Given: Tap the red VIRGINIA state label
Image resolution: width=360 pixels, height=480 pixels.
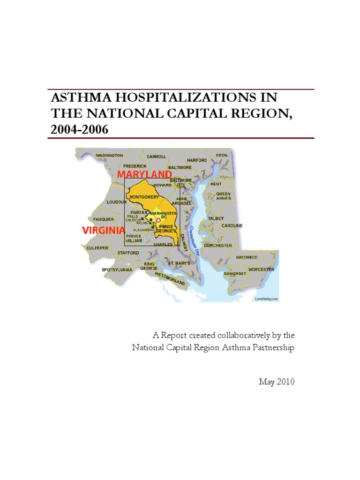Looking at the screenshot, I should pyautogui.click(x=103, y=230).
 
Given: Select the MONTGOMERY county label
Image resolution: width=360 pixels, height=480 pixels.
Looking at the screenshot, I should pyautogui.click(x=143, y=197).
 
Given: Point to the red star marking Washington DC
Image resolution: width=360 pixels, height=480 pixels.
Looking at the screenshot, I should pyautogui.click(x=158, y=220).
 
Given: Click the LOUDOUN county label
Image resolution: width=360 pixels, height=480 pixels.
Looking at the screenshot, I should pyautogui.click(x=117, y=202).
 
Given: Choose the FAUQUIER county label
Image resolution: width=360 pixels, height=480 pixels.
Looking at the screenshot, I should pyautogui.click(x=104, y=219).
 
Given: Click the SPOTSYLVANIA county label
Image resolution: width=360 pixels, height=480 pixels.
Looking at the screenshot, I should pyautogui.click(x=117, y=270).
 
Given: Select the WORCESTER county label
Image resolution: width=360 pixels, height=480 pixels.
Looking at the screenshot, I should pyautogui.click(x=261, y=270).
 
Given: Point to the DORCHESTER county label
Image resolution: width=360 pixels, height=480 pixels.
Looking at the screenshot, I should pyautogui.click(x=218, y=245).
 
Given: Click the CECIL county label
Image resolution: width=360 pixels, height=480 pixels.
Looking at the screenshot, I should pyautogui.click(x=222, y=155).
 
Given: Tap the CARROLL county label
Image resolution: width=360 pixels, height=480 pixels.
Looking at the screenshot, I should pyautogui.click(x=156, y=157).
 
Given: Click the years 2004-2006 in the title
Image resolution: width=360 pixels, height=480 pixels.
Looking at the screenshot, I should pyautogui.click(x=79, y=129).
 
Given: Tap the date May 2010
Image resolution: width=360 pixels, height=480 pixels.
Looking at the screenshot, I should pyautogui.click(x=277, y=382).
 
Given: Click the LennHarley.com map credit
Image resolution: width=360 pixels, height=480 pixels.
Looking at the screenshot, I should pyautogui.click(x=267, y=299).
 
